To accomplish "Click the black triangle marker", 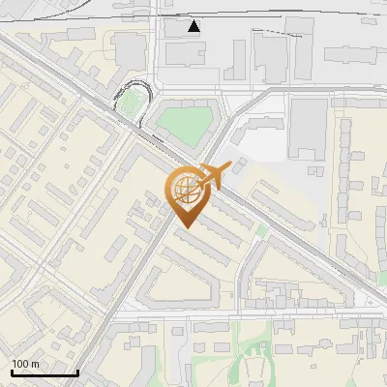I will [x=195, y=26].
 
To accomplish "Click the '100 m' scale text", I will [x=25, y=364].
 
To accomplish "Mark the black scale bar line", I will [x=44, y=372].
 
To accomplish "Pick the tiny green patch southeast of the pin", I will [x=261, y=230].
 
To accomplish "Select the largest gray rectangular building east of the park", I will [x=309, y=127].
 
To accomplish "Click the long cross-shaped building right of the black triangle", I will [x=272, y=53].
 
